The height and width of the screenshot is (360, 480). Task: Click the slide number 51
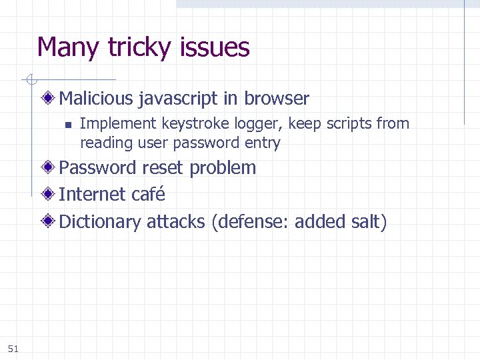pyautogui.click(x=13, y=348)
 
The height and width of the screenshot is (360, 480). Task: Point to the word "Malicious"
pyautogui.click(x=97, y=99)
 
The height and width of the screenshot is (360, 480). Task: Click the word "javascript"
pyautogui.click(x=179, y=99)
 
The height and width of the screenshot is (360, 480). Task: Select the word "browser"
pyautogui.click(x=277, y=99)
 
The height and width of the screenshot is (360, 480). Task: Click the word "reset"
pyautogui.click(x=163, y=167)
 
